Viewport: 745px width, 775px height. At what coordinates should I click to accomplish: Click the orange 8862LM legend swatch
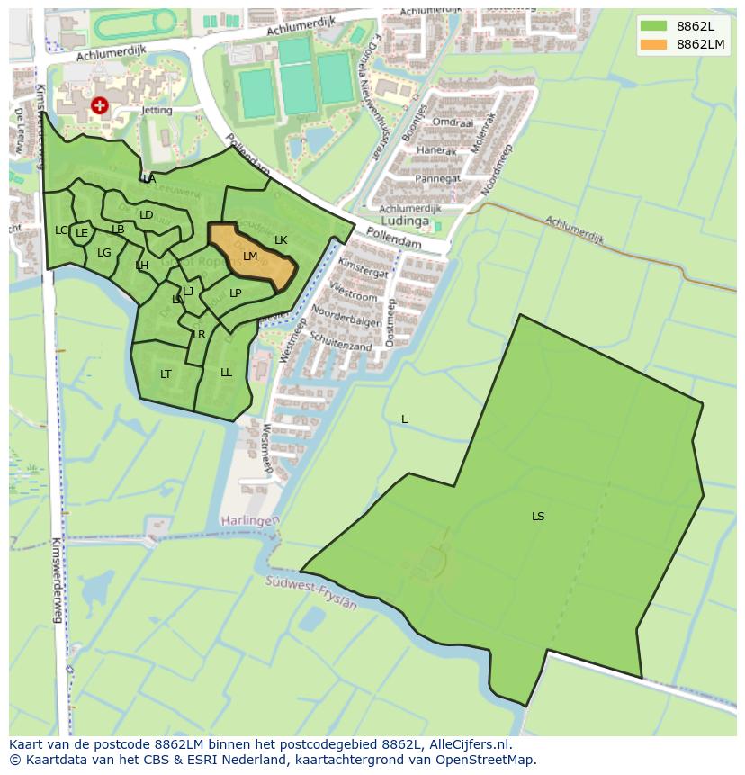654,44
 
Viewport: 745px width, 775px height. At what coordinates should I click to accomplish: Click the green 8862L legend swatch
654,25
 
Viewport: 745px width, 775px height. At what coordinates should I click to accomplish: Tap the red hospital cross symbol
99,106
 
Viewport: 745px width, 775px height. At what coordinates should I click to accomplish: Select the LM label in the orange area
250,257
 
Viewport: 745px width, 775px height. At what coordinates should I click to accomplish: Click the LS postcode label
538,517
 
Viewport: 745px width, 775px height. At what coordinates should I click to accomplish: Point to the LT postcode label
166,374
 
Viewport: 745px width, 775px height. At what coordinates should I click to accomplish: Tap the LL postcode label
226,373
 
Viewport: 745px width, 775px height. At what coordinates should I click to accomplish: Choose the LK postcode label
281,240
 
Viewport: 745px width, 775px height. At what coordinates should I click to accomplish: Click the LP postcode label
235,293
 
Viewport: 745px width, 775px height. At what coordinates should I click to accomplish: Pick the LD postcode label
146,215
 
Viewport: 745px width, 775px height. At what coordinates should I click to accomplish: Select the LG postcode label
104,253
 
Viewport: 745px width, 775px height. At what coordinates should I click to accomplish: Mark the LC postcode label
60,230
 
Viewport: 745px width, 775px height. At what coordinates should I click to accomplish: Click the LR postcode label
199,335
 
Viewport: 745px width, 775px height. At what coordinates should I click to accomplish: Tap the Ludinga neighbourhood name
407,221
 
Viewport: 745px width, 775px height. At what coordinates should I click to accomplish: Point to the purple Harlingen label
251,521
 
